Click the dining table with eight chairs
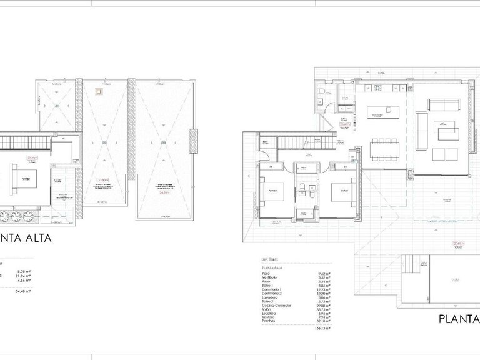click(x=386, y=149)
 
